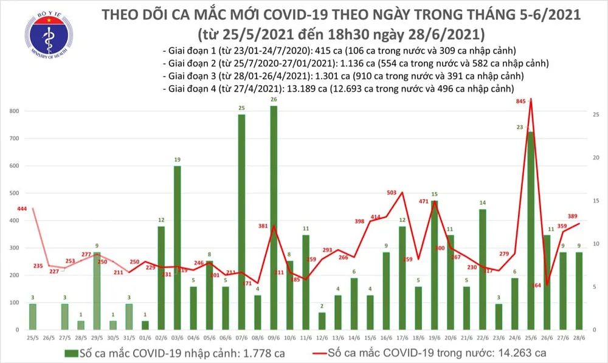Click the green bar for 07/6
[241, 222]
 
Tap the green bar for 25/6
[530, 230]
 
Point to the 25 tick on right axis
[596, 115]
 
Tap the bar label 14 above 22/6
[482, 202]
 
